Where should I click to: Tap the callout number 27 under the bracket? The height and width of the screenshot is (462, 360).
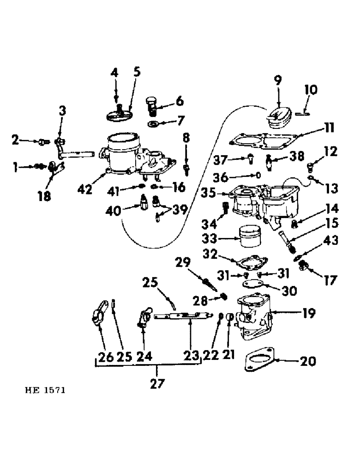point(157,384)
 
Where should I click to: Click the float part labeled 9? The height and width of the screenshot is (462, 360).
point(280,117)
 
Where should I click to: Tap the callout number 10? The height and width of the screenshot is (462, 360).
point(311,89)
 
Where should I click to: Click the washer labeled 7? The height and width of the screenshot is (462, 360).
point(153,124)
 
